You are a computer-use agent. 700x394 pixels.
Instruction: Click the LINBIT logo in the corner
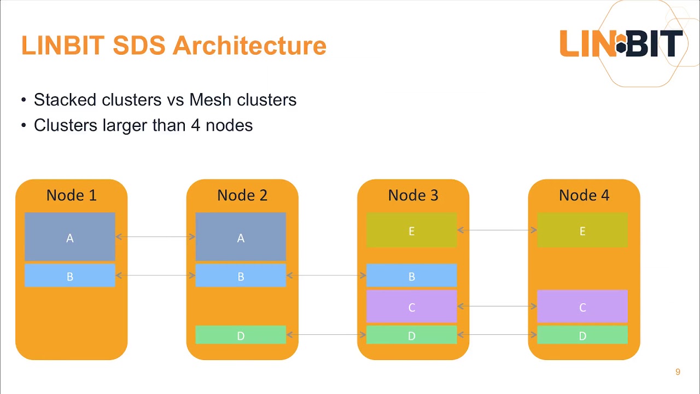[621, 44]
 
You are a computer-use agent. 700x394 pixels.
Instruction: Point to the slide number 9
[678, 372]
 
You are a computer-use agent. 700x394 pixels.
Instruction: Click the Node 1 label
[71, 195]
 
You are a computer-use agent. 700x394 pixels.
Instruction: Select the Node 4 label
[584, 195]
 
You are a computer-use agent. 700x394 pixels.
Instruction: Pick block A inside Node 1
[70, 237]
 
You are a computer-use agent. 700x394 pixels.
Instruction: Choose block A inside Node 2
[241, 237]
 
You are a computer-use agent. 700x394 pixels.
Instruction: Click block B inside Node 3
[411, 276]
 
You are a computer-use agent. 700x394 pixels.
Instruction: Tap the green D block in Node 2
[241, 335]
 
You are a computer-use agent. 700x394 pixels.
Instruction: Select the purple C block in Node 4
[582, 307]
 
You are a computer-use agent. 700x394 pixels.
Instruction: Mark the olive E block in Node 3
[411, 230]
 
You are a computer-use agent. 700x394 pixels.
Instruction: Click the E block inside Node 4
[582, 230]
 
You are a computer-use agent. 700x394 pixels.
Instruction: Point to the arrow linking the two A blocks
[155, 237]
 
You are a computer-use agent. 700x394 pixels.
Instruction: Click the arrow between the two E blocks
[497, 230]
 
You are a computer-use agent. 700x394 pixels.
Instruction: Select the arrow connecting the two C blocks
[497, 306]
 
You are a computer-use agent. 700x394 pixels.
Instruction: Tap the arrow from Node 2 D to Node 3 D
[326, 335]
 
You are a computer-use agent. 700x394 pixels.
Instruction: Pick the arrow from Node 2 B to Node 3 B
[326, 276]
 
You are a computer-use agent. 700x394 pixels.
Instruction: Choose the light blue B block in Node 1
[70, 276]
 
